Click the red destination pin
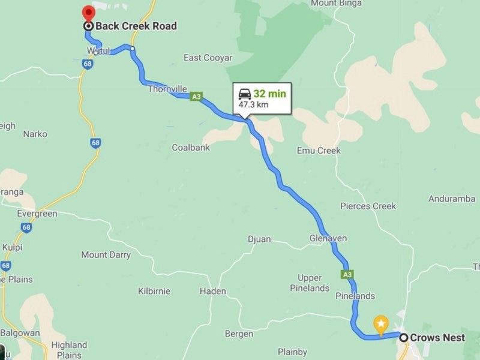pyautogui.click(x=89, y=13)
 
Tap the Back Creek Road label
pyautogui.click(x=136, y=26)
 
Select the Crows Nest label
pyautogui.click(x=437, y=337)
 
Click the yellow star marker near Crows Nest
pyautogui.click(x=380, y=324)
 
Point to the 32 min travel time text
pyautogui.click(x=269, y=94)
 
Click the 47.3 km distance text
pyautogui.click(x=253, y=104)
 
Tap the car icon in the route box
pyautogui.click(x=245, y=94)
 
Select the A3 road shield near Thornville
pyautogui.click(x=196, y=96)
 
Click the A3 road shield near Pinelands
pyautogui.click(x=347, y=274)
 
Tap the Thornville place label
pyautogui.click(x=167, y=88)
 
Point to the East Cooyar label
pyautogui.click(x=208, y=58)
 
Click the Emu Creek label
pyautogui.click(x=319, y=151)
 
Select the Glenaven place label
pyautogui.click(x=328, y=238)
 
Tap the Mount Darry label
pyautogui.click(x=106, y=255)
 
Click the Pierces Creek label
pyautogui.click(x=368, y=206)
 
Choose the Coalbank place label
pyautogui.click(x=191, y=147)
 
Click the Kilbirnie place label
pyautogui.click(x=154, y=291)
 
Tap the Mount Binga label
pyautogui.click(x=336, y=4)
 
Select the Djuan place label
pyautogui.click(x=259, y=239)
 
